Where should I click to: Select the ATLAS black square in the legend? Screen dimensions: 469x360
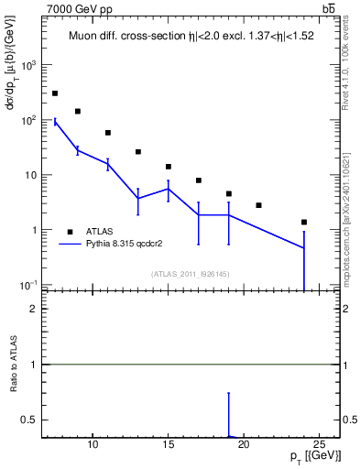point(70,232)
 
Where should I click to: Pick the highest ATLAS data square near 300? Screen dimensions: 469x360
point(55,93)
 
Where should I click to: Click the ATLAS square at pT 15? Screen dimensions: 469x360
point(169,167)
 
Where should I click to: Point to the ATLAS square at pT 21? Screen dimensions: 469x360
point(259,205)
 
